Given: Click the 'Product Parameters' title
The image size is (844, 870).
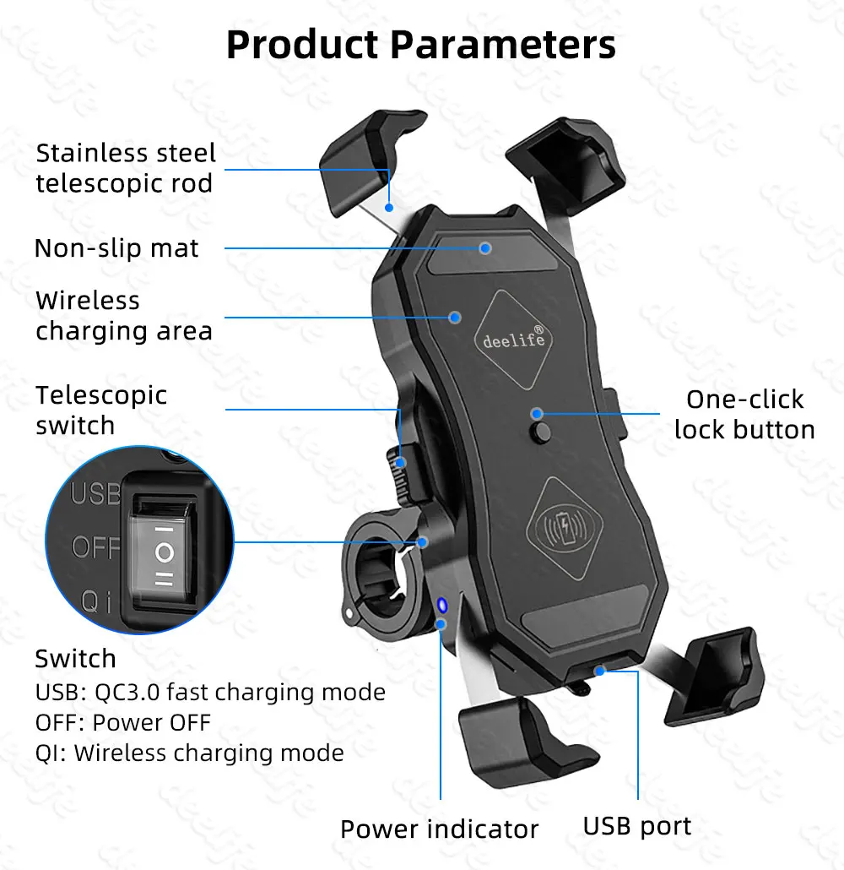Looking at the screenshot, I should pyautogui.click(x=421, y=45).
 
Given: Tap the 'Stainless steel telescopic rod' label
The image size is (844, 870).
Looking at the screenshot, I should pyautogui.click(x=126, y=168).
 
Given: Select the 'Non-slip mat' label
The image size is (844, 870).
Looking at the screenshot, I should pyautogui.click(x=116, y=248).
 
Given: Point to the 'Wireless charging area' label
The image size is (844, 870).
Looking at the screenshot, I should pyautogui.click(x=123, y=315).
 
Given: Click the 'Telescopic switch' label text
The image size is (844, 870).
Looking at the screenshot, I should pyautogui.click(x=101, y=410).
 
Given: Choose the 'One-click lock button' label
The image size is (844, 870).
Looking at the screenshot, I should pyautogui.click(x=744, y=414).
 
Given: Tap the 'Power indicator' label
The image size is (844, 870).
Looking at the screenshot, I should pyautogui.click(x=439, y=829).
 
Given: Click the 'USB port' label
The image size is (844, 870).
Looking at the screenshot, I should pyautogui.click(x=637, y=825).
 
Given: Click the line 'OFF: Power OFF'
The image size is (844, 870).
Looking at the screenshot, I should pyautogui.click(x=122, y=722).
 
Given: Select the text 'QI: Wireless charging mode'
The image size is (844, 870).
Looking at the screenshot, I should pyautogui.click(x=189, y=753).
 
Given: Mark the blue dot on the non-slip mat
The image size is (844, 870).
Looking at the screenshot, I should pyautogui.click(x=485, y=247).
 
